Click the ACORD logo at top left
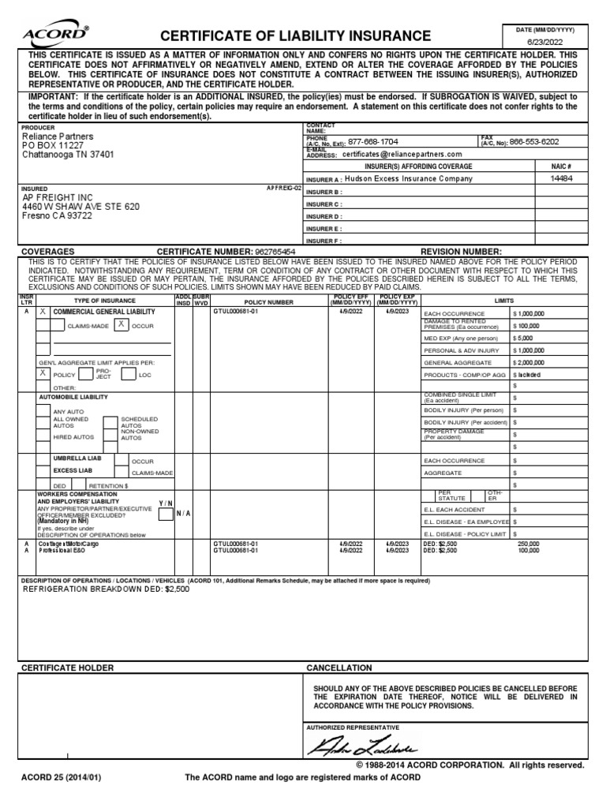(x=55, y=35)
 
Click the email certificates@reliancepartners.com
(x=403, y=155)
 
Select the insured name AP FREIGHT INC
(x=59, y=197)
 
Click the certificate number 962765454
(x=264, y=251)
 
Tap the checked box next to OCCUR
(x=121, y=324)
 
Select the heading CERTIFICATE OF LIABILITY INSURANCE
(x=296, y=36)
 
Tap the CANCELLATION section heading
(x=339, y=668)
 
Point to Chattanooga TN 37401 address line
(x=68, y=155)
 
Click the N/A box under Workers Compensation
(x=183, y=513)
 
